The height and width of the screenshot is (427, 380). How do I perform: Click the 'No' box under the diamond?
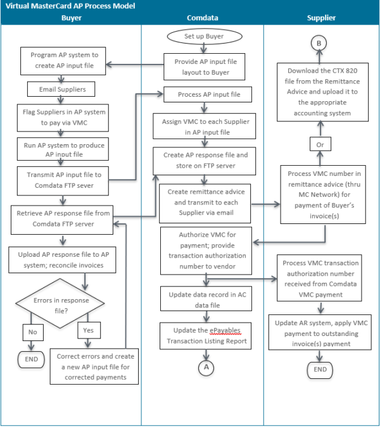[32, 330]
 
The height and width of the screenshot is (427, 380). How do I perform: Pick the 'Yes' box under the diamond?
[88, 330]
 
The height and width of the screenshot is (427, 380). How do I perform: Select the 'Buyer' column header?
[71, 18]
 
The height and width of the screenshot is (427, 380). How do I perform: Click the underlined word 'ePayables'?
[216, 330]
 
